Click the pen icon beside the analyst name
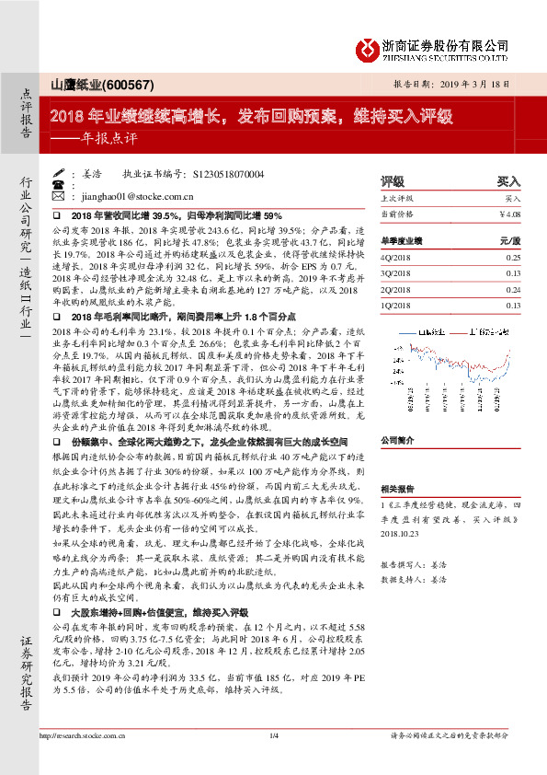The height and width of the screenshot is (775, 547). tap(59, 173)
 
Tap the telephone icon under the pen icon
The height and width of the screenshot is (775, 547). tap(59, 184)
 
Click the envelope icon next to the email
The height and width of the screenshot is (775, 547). tap(59, 196)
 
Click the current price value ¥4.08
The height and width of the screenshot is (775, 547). tap(508, 214)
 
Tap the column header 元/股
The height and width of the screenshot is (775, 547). tap(509, 240)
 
